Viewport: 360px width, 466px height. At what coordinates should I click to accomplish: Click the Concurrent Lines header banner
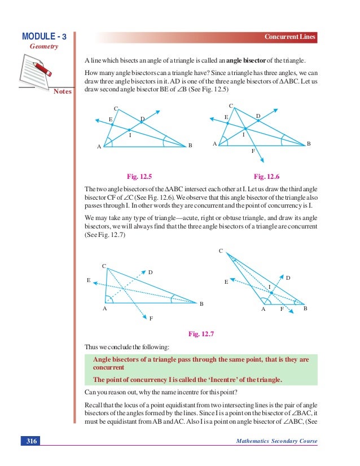291,37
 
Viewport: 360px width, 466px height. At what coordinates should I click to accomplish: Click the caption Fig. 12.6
266,176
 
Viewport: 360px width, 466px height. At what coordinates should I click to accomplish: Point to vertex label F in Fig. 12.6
253,152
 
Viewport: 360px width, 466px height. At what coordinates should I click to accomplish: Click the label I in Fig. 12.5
130,135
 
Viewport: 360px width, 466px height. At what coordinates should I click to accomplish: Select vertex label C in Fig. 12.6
231,105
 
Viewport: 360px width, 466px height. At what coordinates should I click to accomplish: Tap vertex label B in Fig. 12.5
190,146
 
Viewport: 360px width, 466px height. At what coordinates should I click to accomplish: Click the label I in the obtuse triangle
270,287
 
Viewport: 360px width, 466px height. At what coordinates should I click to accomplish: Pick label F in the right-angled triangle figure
151,319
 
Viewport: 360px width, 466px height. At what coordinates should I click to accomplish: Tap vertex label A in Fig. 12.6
214,144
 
